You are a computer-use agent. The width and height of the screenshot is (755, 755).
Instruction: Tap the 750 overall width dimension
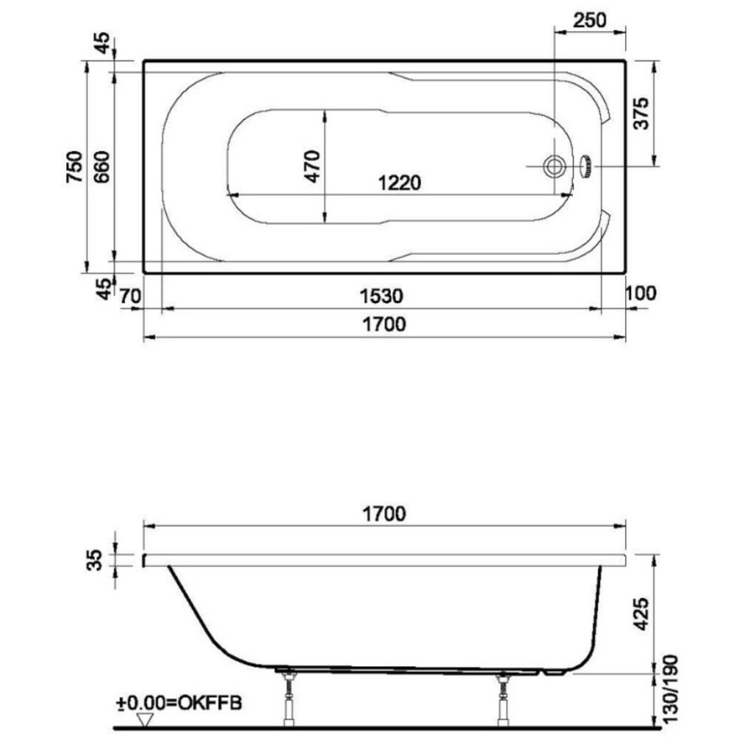click(x=75, y=166)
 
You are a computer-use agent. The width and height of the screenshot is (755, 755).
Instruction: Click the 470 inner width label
click(x=312, y=166)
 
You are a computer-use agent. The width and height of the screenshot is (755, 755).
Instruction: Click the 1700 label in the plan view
click(x=384, y=324)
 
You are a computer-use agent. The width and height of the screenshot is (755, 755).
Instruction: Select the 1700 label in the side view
click(x=384, y=513)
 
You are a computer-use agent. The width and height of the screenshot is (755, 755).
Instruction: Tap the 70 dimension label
click(x=128, y=294)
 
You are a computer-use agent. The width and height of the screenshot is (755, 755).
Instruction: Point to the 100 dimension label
click(x=640, y=294)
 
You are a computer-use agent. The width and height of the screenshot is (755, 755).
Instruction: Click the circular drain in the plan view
click(x=554, y=166)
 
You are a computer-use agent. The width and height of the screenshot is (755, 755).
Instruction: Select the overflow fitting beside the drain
click(x=587, y=166)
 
